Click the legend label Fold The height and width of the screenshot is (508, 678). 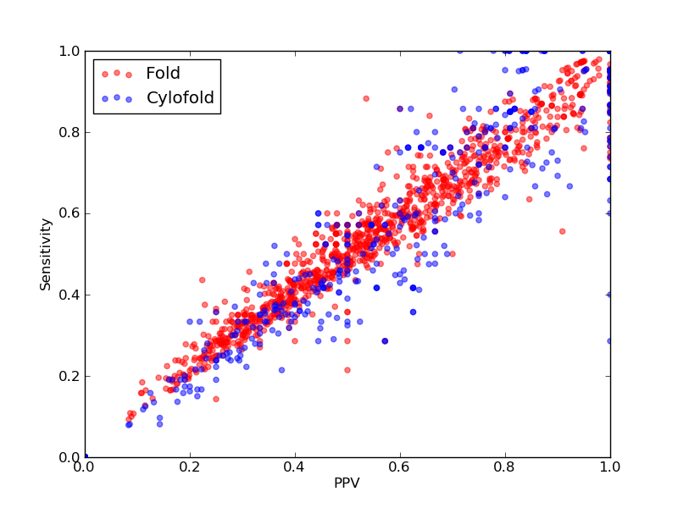pos(163,74)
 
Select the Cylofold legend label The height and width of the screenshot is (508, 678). pos(181,98)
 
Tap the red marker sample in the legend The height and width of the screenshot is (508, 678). pos(117,74)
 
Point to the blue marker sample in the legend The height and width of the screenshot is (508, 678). pos(117,98)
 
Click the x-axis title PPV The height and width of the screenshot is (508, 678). pos(347,483)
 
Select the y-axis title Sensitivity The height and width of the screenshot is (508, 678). pos(46,255)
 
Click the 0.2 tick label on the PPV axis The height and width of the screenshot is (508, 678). pos(190,467)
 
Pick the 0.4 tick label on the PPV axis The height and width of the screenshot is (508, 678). pos(295,467)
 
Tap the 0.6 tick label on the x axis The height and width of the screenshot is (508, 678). pos(400,467)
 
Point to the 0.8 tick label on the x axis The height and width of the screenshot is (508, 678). pos(505,467)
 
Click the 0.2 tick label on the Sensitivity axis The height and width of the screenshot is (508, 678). pos(69,376)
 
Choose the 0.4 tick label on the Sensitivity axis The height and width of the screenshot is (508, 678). pos(69,295)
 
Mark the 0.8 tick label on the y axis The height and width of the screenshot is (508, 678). pos(69,132)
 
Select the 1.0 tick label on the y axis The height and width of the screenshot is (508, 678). pos(69,51)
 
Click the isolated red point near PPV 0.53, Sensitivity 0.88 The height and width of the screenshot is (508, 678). pos(366,98)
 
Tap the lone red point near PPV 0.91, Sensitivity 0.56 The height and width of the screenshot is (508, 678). pos(563,231)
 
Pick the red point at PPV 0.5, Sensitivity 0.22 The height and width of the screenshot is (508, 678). pos(347,370)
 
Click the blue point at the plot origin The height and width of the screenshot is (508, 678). pos(86,457)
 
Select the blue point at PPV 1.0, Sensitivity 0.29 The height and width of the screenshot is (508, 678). pos(609,341)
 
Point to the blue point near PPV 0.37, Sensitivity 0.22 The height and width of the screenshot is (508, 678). pos(282,370)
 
